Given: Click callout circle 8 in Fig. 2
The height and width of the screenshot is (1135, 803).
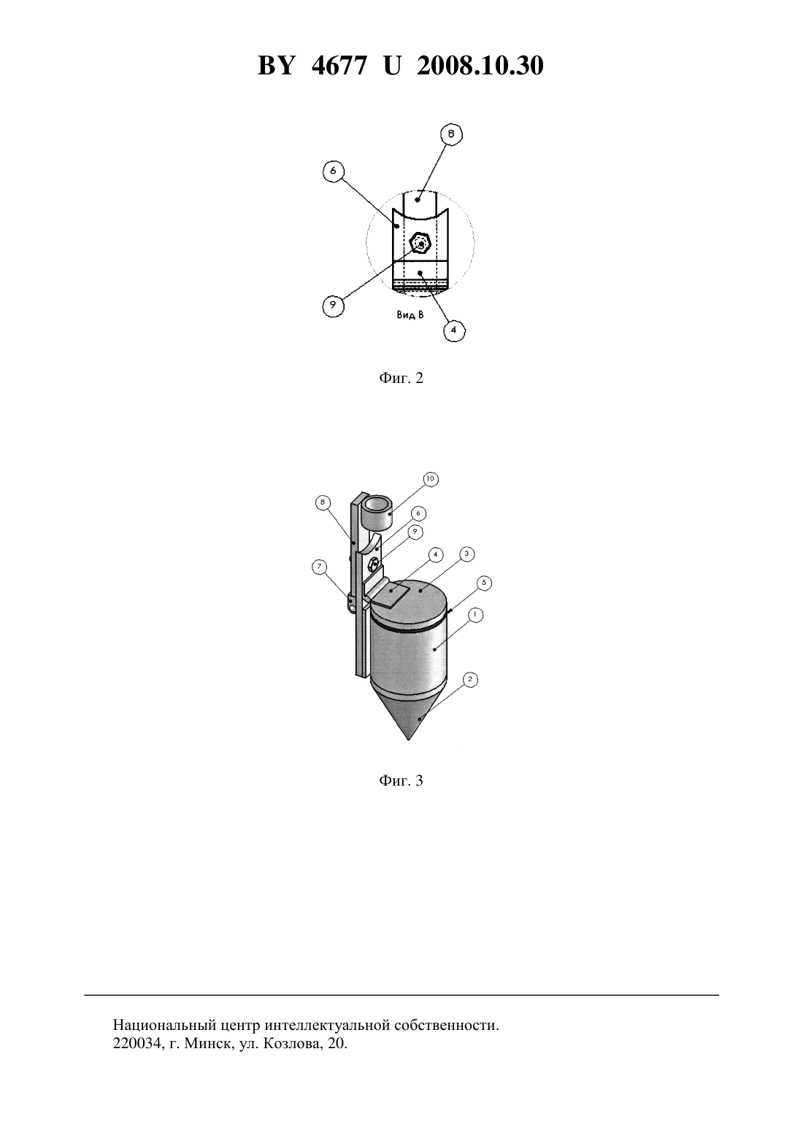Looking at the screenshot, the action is point(451,134).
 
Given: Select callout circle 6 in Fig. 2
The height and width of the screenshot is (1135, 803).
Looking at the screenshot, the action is point(333,171).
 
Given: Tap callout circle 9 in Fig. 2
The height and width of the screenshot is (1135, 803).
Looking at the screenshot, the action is point(333,304).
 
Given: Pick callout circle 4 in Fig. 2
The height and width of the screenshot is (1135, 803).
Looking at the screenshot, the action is point(454,330).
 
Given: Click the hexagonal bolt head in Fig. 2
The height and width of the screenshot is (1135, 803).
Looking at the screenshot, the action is point(420,244).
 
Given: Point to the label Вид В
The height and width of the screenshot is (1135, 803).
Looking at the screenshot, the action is point(410,314).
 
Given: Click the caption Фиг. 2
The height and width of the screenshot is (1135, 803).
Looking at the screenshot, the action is point(401,378).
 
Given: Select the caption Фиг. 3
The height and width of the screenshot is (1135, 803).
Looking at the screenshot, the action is point(401,780).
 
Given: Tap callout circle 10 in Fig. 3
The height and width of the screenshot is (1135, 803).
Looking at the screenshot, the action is point(431,479).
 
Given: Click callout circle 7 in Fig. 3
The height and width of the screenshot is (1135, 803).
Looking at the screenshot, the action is point(320,567).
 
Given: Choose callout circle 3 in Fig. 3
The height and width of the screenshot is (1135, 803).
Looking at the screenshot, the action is point(466,554).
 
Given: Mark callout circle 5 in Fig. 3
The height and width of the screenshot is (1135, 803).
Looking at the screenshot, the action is point(484,583).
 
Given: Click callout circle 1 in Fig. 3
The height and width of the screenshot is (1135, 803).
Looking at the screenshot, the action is point(475,615).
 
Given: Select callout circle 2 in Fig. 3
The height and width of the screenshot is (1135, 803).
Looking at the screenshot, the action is point(470,679).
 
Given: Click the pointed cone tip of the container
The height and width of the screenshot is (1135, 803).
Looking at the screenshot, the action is point(409,740).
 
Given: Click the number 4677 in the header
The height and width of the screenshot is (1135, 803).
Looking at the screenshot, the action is point(339,66).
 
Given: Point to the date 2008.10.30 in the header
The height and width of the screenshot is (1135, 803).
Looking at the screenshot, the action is point(480,66).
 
